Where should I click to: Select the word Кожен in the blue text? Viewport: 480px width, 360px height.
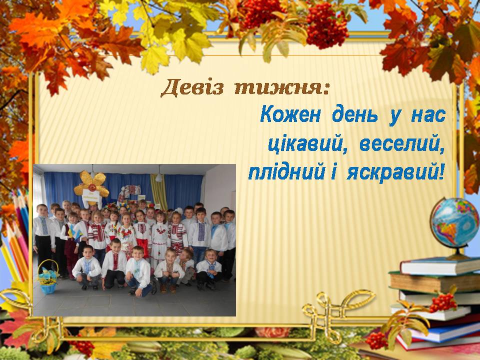pos(290,115)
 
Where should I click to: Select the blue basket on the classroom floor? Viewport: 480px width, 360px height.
pos(48,277)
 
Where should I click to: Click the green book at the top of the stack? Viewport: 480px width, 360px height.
pos(440,266)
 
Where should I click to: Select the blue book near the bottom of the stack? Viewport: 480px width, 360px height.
pos(444,333)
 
